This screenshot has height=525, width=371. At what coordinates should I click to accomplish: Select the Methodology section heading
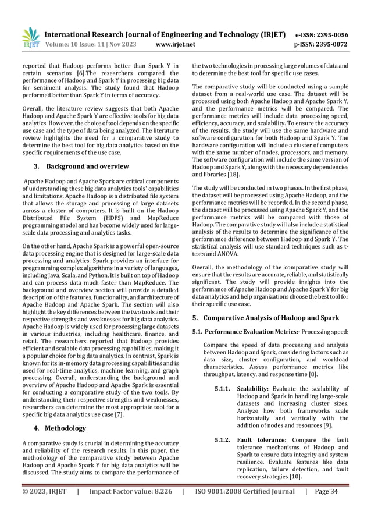66,428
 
